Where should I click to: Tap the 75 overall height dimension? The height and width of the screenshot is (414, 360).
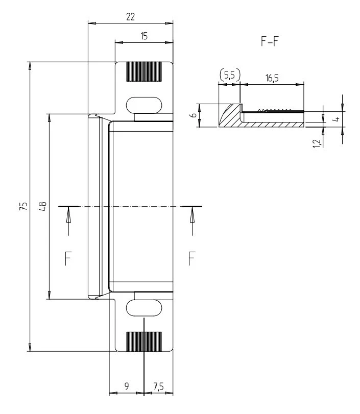tap(22, 206)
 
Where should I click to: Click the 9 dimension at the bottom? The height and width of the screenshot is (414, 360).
tap(127, 386)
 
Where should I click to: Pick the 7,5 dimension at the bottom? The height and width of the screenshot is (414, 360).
tap(158, 386)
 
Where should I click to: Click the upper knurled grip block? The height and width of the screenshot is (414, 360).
tap(144, 72)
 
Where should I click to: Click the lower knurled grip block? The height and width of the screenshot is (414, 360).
tap(144, 341)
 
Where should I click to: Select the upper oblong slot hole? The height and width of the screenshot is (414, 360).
tap(144, 104)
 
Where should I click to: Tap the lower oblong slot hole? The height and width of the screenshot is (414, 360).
tap(144, 308)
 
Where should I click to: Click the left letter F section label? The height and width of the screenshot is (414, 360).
tap(68, 259)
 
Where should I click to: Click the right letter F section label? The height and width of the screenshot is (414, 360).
tap(192, 259)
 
